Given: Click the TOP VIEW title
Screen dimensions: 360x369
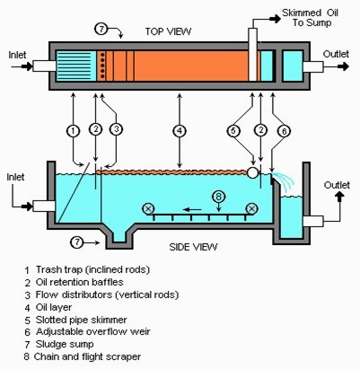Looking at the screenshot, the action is [x=168, y=31].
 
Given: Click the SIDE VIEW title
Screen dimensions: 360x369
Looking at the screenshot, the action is [x=193, y=247].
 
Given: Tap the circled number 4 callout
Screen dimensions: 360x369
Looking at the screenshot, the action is [x=180, y=131].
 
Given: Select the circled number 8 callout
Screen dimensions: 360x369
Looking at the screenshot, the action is [x=219, y=197].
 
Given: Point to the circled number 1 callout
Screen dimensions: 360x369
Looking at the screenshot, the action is [x=73, y=131].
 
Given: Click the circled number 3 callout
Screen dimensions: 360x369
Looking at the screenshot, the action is [x=116, y=129].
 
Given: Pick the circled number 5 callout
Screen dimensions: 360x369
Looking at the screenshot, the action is [x=233, y=131].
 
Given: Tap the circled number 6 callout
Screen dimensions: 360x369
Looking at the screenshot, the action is [x=284, y=131].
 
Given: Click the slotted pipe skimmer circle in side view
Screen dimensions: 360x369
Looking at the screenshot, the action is [x=253, y=172].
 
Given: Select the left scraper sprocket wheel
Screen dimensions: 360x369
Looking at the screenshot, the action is [x=148, y=209].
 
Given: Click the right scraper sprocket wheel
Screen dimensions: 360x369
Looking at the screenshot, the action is [x=251, y=209].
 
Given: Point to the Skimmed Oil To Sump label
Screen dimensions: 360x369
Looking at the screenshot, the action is [x=311, y=18].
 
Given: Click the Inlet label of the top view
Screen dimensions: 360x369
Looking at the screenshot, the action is [x=17, y=55].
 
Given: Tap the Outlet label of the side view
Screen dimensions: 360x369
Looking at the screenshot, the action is [x=337, y=185].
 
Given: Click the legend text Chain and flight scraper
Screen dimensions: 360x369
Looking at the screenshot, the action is [x=87, y=356].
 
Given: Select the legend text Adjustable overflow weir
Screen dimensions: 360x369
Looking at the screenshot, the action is [x=92, y=331].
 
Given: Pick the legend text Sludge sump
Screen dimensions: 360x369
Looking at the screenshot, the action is [x=65, y=344].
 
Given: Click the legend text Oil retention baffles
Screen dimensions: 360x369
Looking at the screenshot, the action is [x=79, y=282].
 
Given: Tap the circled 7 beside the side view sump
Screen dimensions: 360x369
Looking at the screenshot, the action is [x=77, y=242].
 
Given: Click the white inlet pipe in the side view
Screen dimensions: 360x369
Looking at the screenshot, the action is [x=44, y=206].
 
